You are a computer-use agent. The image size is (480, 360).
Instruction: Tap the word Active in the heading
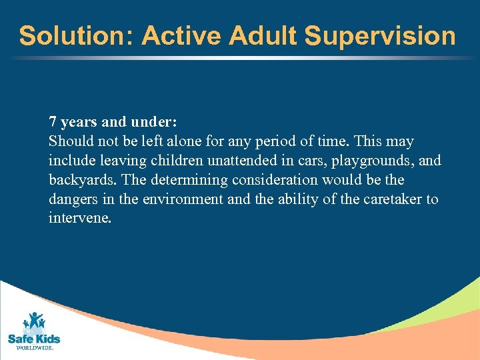(181, 36)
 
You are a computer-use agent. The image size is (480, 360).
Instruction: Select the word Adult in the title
(263, 36)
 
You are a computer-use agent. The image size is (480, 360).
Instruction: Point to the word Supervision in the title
(380, 36)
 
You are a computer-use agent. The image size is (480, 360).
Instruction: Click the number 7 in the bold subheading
(53, 123)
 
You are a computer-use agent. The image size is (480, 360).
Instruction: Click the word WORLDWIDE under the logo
(33, 348)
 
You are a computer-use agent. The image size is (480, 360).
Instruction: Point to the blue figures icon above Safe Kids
(33, 322)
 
